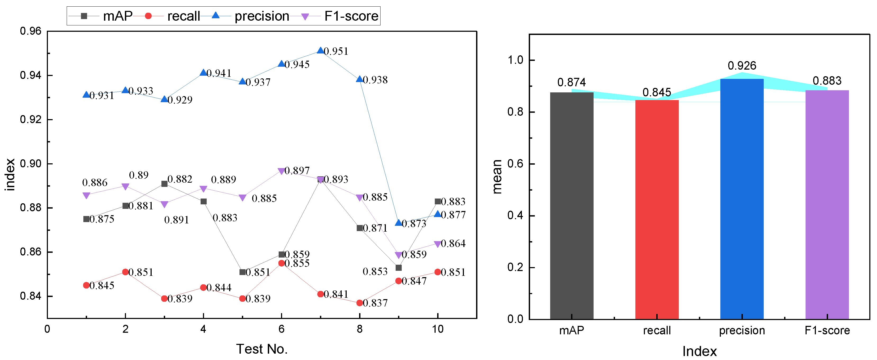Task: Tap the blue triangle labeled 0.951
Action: (x=320, y=50)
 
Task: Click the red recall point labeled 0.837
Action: (x=360, y=303)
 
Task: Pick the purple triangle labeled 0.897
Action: (x=281, y=171)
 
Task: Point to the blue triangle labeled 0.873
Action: (x=398, y=223)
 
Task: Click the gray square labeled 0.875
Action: (x=87, y=219)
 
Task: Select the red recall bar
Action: (x=657, y=209)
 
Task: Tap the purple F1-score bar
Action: (x=827, y=204)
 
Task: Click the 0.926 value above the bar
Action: (x=742, y=65)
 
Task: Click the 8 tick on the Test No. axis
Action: (x=360, y=329)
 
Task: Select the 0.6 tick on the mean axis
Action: (x=515, y=164)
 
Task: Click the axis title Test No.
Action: (x=262, y=349)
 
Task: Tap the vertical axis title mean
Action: (x=497, y=176)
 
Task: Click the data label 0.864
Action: (x=453, y=243)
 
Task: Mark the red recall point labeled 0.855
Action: (x=281, y=263)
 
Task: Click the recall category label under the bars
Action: (x=657, y=330)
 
